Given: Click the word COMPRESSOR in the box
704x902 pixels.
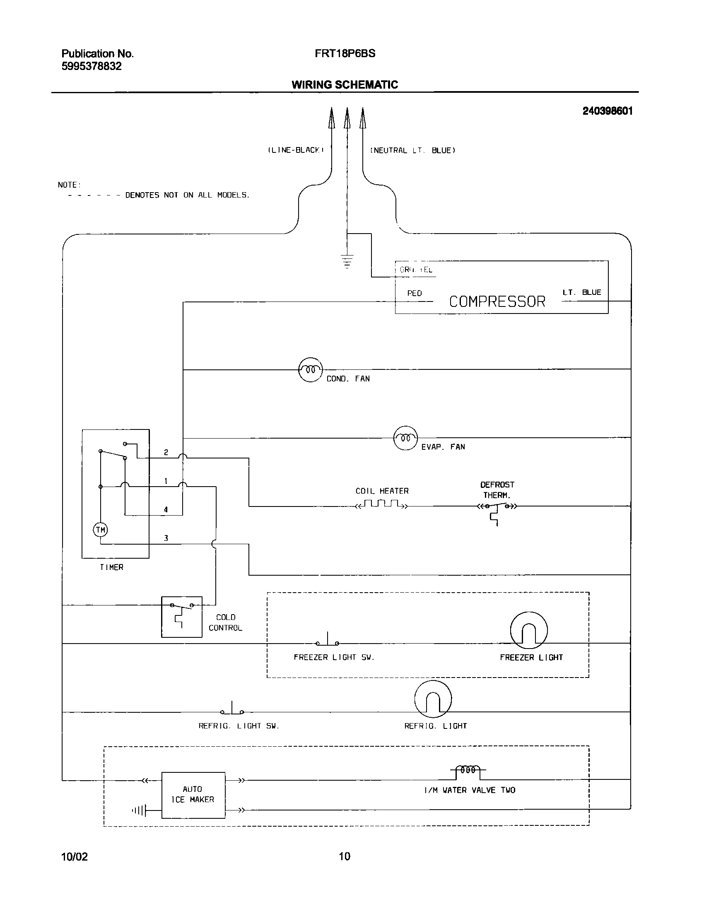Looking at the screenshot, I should point(497,301).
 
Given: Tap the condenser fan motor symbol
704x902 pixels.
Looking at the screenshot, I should point(310,369).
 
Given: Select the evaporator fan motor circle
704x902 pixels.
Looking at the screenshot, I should point(405,438).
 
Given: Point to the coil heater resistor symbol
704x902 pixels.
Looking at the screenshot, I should point(381,505).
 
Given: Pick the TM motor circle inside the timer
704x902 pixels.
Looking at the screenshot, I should point(100,529).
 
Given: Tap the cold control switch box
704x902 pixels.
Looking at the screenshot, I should point(181,617).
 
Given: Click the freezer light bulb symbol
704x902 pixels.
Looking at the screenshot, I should point(529,630).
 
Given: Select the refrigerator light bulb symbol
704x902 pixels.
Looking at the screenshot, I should point(433,699).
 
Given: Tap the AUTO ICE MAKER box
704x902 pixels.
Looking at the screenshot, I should point(193,795).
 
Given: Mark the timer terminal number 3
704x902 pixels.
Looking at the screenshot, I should point(166,538).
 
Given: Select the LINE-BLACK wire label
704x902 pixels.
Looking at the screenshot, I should point(295,150).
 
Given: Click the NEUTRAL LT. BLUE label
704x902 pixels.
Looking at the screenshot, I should point(412,150).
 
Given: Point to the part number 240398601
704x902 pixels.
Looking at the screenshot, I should point(607,111).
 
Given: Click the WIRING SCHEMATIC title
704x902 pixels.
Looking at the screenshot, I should point(345,84).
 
